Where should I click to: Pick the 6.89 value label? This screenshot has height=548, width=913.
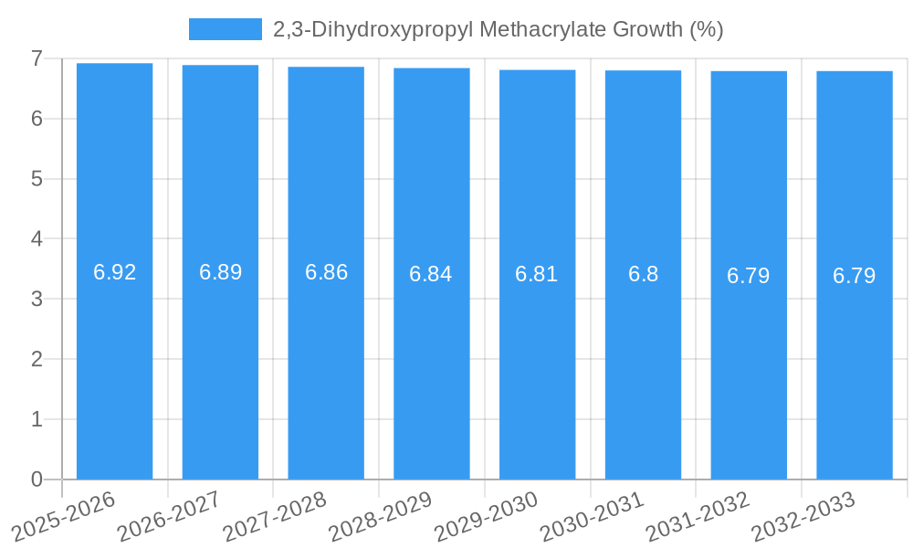[x=220, y=272]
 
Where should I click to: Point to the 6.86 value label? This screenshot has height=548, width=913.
[x=326, y=272]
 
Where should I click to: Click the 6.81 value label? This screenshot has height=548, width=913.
[x=537, y=274]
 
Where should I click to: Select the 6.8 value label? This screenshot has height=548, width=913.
[x=643, y=274]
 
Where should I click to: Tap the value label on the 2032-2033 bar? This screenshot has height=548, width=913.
[x=854, y=275]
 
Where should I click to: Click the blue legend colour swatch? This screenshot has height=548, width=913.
[x=225, y=29]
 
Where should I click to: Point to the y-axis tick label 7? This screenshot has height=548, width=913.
[x=37, y=58]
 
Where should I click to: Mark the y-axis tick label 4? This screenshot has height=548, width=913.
[x=37, y=239]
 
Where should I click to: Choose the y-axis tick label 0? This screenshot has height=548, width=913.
[x=37, y=479]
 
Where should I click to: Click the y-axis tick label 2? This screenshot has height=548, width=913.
[x=37, y=359]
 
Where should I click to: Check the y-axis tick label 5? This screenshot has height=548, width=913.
[x=37, y=179]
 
